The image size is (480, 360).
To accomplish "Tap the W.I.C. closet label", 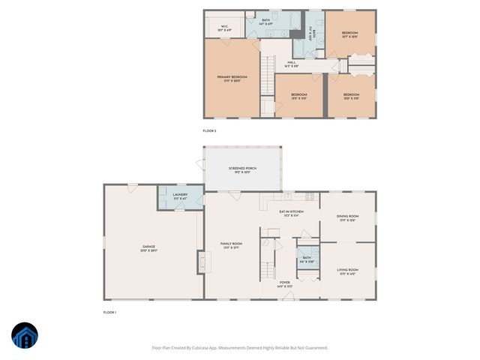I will (224, 28).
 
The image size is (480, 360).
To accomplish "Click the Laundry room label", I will (180, 196).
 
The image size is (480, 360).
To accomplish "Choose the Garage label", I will (148, 248).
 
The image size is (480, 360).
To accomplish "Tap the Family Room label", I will (231, 245).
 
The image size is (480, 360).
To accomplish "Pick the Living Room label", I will (347, 271).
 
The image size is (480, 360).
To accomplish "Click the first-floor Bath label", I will (306, 259).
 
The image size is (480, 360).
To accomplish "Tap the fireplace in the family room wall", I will (201, 262).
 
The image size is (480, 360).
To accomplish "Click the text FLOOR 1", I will (110, 312).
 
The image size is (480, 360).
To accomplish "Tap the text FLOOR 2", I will (210, 131).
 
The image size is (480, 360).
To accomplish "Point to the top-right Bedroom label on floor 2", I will (350, 34).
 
